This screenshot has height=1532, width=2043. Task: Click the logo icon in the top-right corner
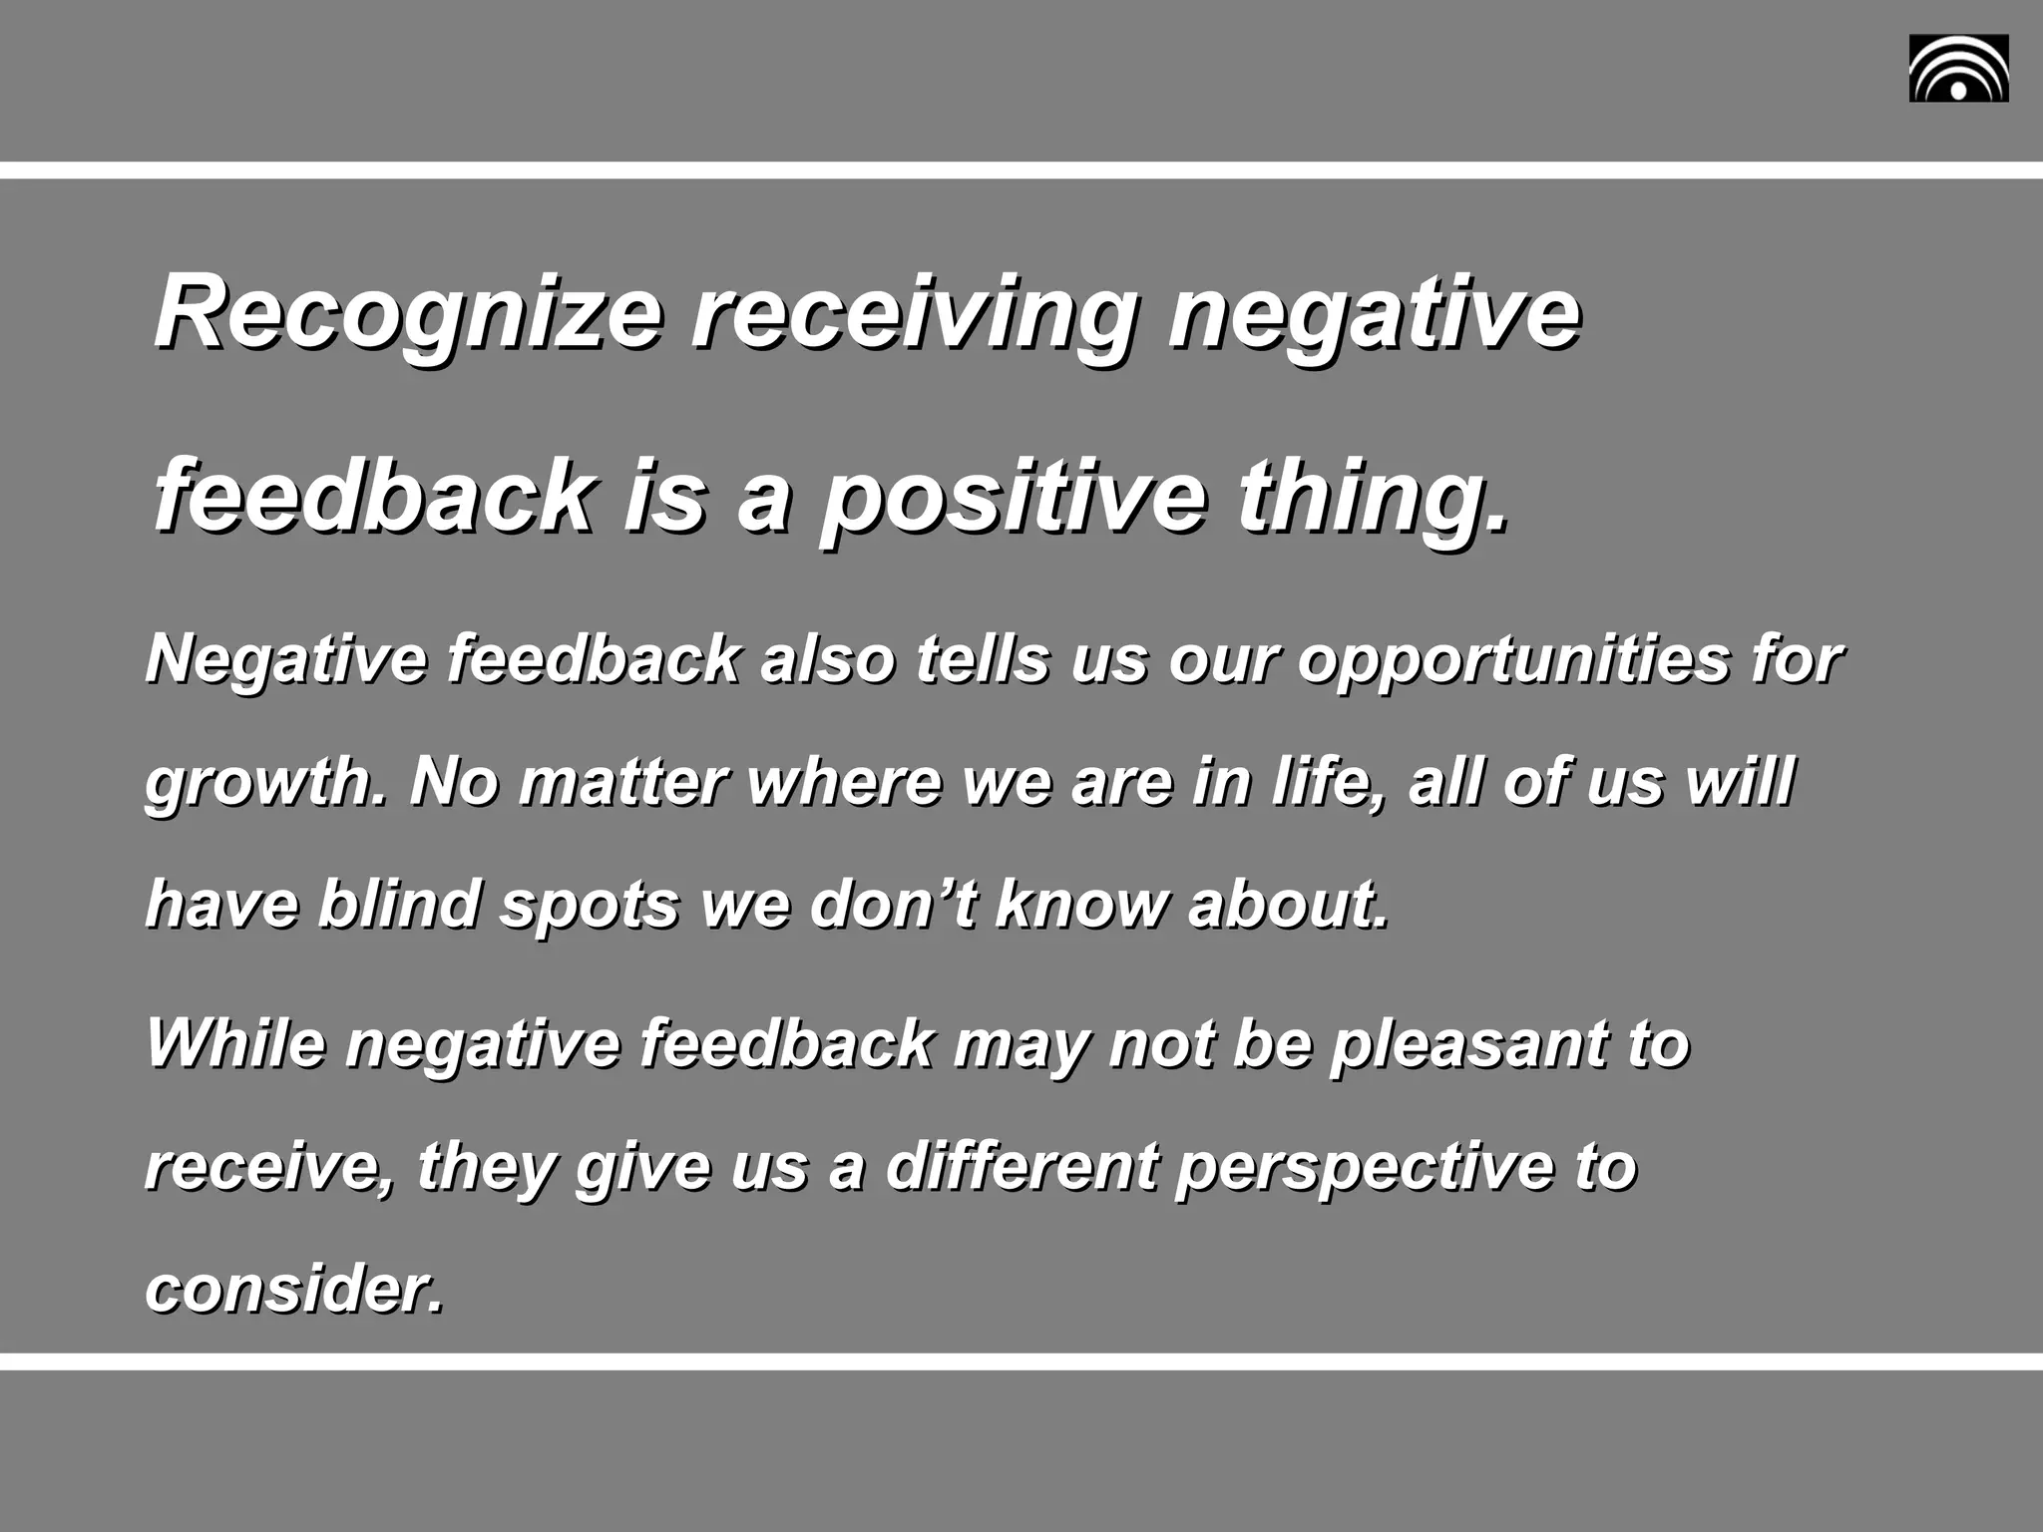pos(1958,69)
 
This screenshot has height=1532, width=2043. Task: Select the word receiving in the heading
pos(912,314)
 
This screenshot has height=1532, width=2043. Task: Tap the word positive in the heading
pos(1012,496)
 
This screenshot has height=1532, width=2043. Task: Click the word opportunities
pos(1512,660)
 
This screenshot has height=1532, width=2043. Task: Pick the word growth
pos(264,783)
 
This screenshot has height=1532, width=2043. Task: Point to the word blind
pos(399,904)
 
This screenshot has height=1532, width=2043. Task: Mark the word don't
pos(893,904)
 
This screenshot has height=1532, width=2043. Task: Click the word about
pos(1287,904)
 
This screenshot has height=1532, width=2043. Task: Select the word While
pos(235,1043)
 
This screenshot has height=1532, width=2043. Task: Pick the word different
pos(1021,1167)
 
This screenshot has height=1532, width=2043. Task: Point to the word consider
pos(293,1290)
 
